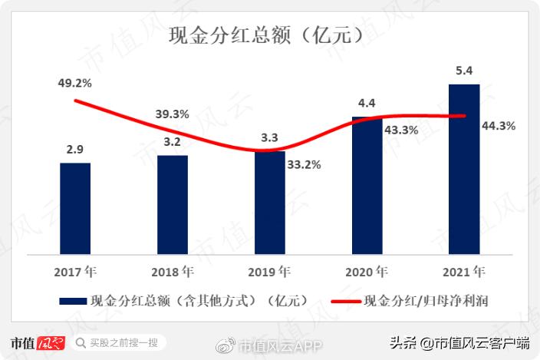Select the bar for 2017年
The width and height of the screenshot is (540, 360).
coord(75,208)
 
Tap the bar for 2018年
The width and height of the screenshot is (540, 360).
coord(173,204)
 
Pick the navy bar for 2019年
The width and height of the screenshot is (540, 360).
coord(269,203)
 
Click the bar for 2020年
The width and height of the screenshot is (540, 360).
coord(367,185)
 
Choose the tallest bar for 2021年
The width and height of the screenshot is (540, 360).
coord(464,169)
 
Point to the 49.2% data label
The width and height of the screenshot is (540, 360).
coord(74,81)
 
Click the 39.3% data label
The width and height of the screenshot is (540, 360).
coord(172,114)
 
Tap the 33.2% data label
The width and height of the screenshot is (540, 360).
coord(304,164)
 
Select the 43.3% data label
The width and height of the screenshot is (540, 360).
coord(401,130)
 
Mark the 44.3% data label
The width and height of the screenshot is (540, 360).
coord(499,125)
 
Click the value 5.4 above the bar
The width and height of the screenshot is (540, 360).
coord(464,71)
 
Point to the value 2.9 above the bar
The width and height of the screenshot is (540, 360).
coord(75,150)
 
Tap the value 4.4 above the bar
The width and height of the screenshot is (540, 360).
coord(367,104)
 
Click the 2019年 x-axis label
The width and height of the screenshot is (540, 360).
coord(269,272)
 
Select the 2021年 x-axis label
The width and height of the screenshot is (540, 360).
coord(464,272)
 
